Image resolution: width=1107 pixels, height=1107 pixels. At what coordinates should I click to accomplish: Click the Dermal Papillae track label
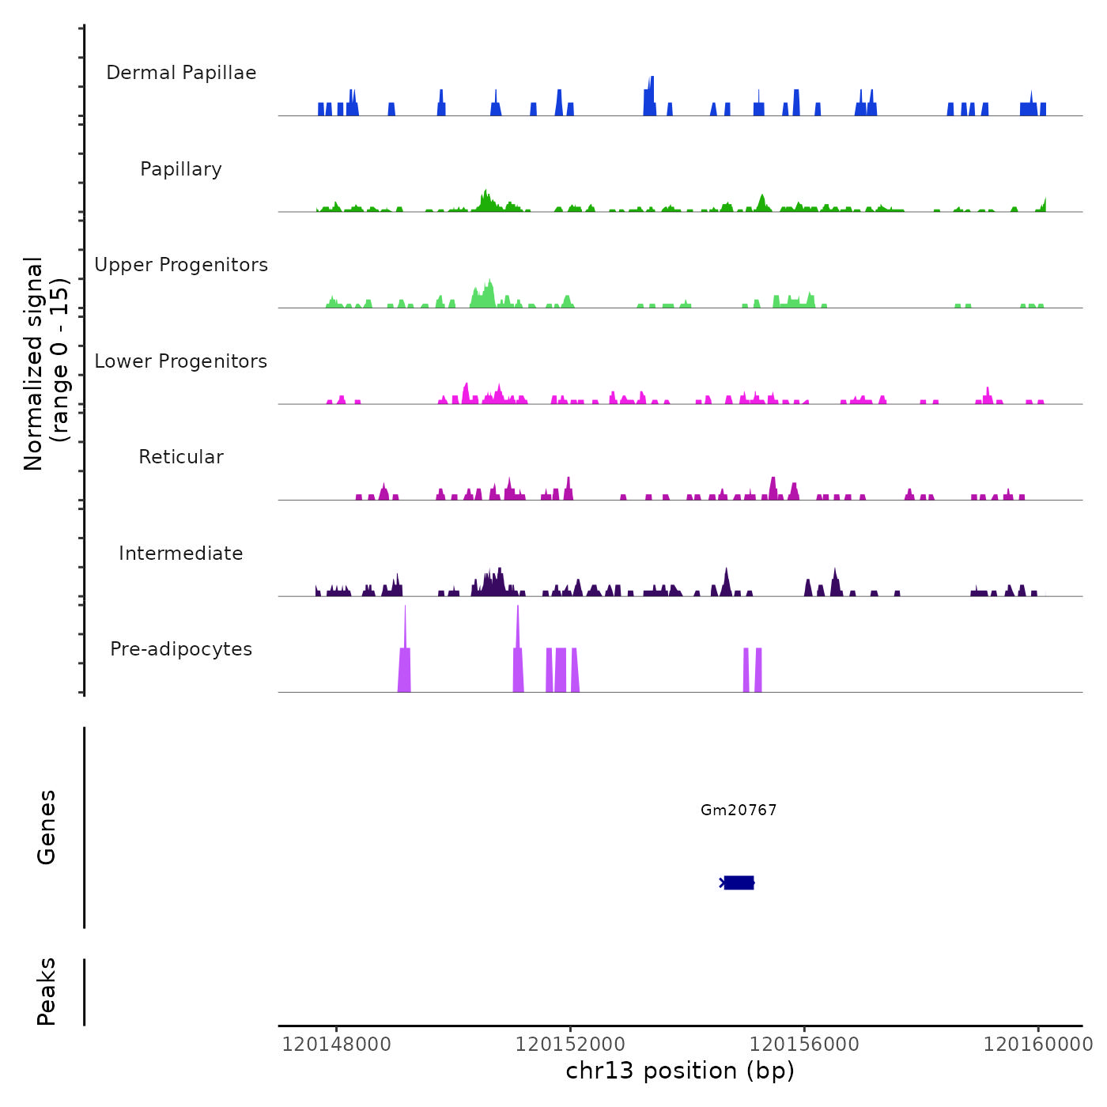(x=181, y=73)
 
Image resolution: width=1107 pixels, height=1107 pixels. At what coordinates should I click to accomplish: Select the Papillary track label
(x=181, y=169)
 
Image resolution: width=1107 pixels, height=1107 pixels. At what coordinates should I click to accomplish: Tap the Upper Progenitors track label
(x=181, y=265)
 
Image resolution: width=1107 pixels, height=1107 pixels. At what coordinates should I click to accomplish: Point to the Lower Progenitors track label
(x=181, y=361)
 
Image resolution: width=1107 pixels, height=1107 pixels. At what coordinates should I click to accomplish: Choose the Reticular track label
(x=181, y=457)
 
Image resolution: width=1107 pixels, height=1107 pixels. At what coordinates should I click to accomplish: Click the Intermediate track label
(x=181, y=553)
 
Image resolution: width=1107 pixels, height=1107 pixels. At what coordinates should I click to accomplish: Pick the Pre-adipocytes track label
(x=181, y=649)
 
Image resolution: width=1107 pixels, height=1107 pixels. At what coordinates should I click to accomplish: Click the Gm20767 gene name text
(x=739, y=810)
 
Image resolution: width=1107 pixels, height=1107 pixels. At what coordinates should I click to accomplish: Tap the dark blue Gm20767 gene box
(x=739, y=882)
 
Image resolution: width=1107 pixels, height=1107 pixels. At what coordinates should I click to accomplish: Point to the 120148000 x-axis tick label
(x=336, y=1045)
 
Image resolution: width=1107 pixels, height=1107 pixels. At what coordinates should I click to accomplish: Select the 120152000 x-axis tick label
(x=570, y=1045)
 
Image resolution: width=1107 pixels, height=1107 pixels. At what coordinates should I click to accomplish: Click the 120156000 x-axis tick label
(x=804, y=1045)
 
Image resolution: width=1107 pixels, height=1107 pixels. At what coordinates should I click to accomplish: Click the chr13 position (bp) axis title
(x=680, y=1071)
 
